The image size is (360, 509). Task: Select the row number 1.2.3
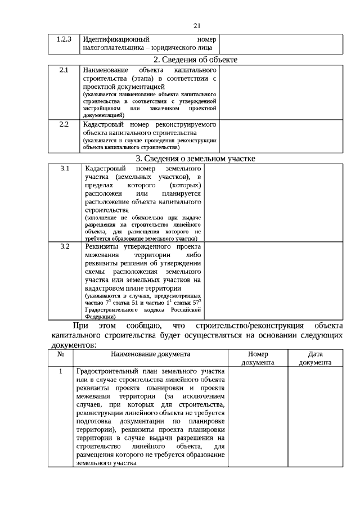(64, 40)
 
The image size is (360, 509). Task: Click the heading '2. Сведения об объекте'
(195, 60)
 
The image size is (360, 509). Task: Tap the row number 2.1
(64, 70)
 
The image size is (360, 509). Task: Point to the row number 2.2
(64, 124)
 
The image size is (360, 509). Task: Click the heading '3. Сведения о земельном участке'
(195, 158)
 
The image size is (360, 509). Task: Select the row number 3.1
(65, 169)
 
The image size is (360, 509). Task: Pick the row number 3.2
(65, 246)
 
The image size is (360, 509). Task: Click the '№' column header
(61, 354)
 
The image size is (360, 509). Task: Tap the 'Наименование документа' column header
(150, 354)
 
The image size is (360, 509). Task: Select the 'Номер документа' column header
(258, 358)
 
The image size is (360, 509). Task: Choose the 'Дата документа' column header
(314, 358)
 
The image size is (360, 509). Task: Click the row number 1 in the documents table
(61, 372)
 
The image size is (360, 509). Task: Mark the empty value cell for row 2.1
(280, 92)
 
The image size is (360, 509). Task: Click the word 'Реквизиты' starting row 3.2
(102, 246)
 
